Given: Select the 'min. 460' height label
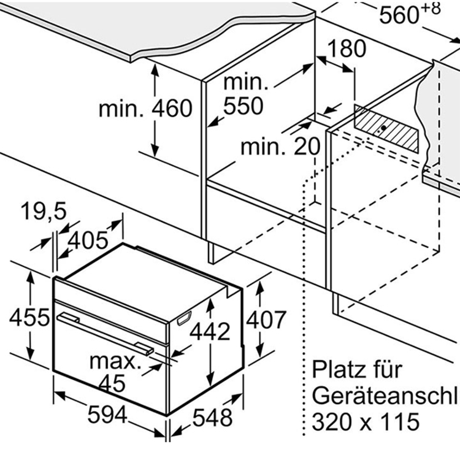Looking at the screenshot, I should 146,109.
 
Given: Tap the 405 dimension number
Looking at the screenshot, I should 86,240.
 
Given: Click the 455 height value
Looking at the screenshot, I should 29,317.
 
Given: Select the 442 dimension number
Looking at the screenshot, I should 210,331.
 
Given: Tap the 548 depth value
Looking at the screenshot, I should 212,418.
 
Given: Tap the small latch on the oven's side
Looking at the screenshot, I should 183,320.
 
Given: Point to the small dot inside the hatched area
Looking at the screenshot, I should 382,129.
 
